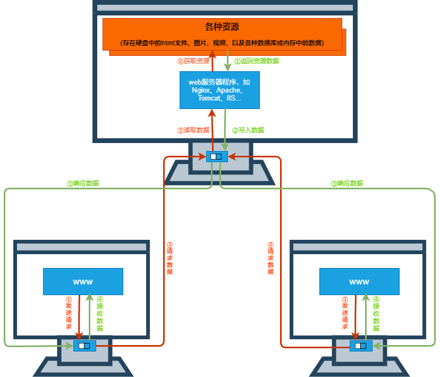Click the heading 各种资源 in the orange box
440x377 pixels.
click(222, 27)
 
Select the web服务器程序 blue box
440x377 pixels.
click(219, 90)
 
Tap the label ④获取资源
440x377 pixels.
click(193, 61)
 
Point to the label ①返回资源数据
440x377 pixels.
click(257, 61)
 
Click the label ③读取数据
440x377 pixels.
click(193, 130)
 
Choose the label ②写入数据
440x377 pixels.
click(248, 130)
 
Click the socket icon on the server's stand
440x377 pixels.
click(216, 156)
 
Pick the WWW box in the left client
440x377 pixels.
click(83, 281)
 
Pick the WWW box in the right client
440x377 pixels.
click(359, 281)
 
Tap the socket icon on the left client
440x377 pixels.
click(84, 346)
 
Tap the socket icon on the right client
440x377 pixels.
click(361, 346)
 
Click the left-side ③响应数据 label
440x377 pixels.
click(82, 183)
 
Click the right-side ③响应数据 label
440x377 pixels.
click(347, 183)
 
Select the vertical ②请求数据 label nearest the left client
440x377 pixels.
click(170, 258)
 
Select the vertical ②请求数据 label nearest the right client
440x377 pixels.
click(270, 258)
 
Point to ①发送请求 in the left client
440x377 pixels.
click(69, 313)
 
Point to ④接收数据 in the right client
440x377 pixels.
click(376, 314)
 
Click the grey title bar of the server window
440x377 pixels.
click(225, 8)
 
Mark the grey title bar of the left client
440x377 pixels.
click(81, 247)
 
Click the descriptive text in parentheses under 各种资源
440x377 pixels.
click(222, 43)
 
